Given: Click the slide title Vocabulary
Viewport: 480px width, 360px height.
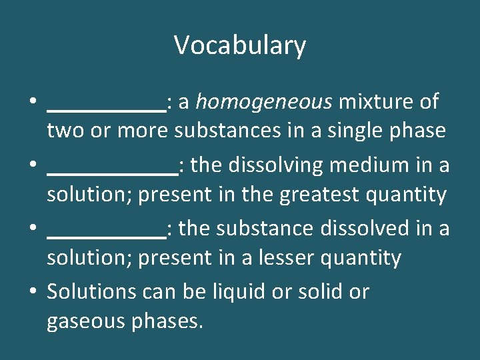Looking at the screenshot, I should coord(240,45).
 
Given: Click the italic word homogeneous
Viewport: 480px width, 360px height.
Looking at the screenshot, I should coord(264,102).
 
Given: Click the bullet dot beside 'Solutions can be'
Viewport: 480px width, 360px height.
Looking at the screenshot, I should coord(33,292).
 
